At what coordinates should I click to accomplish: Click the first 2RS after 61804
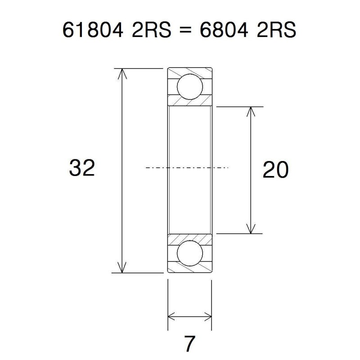point(146,31)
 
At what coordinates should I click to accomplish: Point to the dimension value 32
point(82,168)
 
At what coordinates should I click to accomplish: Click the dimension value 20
point(275,170)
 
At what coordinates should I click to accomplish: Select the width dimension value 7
point(189,344)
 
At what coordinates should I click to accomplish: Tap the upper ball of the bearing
point(189,87)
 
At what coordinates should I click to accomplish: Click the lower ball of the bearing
point(189,253)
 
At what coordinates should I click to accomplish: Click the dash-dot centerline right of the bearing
point(220,168)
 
